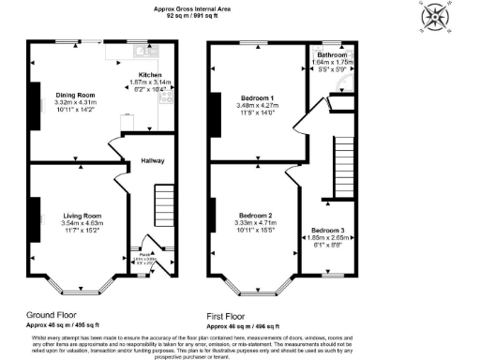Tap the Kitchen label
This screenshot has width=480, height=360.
150,74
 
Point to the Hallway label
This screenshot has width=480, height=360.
152,160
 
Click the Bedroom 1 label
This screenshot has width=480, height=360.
258,98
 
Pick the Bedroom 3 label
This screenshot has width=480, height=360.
327,230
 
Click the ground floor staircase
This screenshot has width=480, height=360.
164,202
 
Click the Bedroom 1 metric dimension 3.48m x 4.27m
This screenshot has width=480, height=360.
258,106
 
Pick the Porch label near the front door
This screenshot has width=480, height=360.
143,254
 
